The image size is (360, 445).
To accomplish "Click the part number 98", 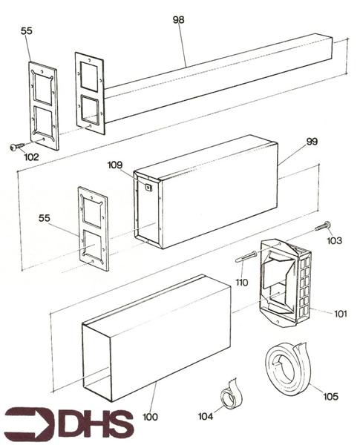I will (x=178, y=20).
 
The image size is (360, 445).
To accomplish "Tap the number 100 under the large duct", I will (x=150, y=418).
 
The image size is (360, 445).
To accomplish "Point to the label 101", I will (x=340, y=314).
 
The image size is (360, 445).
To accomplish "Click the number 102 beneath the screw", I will (x=31, y=157).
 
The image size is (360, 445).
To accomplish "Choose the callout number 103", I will (x=335, y=242).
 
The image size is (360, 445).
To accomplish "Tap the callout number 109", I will (x=115, y=164).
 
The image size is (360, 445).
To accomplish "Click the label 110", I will (x=241, y=283).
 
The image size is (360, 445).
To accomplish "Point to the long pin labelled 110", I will (x=247, y=257).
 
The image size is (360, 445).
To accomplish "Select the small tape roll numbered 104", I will (x=232, y=398).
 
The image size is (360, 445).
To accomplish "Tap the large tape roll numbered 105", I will (x=289, y=366).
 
